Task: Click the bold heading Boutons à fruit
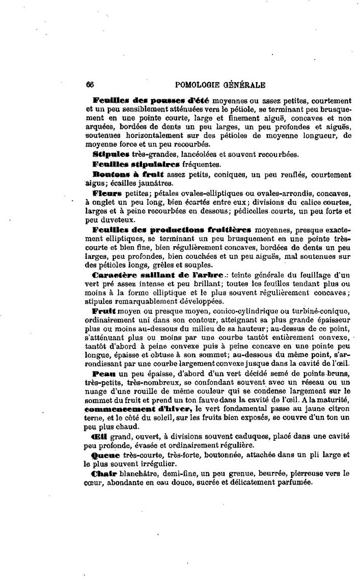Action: click(x=121, y=175)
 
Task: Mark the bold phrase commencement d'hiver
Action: click(x=138, y=409)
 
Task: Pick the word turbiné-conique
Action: click(x=319, y=310)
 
